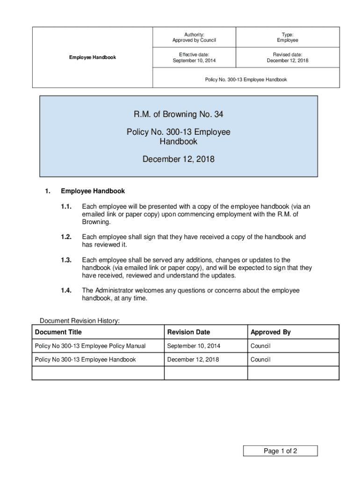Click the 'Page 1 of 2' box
tap(280, 451)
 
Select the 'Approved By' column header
tap(271, 332)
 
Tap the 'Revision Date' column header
tap(188, 332)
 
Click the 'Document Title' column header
tap(58, 332)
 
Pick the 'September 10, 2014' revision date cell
tap(193, 346)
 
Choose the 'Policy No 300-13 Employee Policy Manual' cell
tap(90, 346)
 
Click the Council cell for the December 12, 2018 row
tap(260, 360)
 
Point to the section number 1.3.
tap(66, 260)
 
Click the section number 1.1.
tap(66, 206)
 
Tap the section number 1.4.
tap(66, 290)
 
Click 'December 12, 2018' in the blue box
tap(178, 160)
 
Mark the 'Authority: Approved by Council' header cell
tap(194, 37)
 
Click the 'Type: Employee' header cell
tap(287, 37)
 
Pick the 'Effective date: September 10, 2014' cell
tap(194, 58)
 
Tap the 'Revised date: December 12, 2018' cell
tap(287, 58)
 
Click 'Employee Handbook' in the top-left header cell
tap(93, 58)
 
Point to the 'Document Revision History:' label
tap(79, 321)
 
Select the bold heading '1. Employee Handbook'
tap(93, 191)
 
